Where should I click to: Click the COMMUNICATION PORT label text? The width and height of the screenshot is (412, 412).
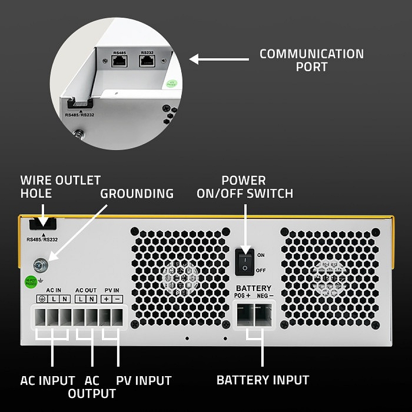point(311,60)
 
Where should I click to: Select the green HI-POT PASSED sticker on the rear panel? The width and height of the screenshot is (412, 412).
point(31,281)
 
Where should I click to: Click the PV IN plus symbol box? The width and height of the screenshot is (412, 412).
point(106,299)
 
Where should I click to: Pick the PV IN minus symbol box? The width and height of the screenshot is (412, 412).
point(117,299)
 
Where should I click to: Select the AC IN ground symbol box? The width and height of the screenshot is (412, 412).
point(42,299)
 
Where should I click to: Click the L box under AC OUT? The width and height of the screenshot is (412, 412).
point(81,299)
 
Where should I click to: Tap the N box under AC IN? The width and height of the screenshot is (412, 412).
point(64,299)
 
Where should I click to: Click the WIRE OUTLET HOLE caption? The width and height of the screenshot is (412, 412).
point(60,187)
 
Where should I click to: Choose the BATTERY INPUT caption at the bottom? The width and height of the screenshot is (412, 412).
point(263,380)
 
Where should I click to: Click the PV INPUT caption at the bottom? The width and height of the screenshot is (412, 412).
point(143,380)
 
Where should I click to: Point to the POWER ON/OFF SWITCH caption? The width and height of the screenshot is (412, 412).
point(245,187)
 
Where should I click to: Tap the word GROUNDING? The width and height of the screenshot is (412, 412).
point(137,193)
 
